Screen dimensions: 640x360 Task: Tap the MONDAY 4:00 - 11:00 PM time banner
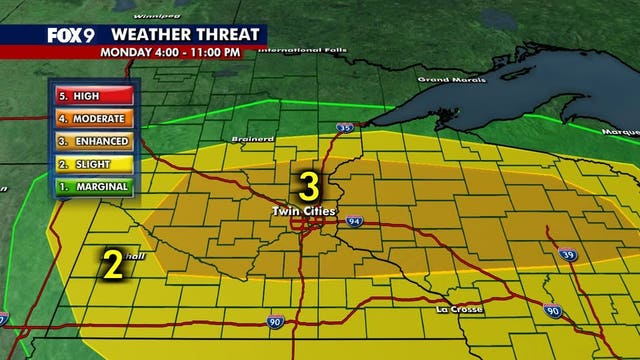tap(176, 52)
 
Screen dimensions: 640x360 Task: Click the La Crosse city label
tap(459, 309)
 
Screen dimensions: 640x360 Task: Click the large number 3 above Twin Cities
tap(309, 186)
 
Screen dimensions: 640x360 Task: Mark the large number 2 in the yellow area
tap(113, 264)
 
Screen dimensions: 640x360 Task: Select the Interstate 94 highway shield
tap(354, 222)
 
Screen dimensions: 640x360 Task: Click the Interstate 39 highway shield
tap(567, 256)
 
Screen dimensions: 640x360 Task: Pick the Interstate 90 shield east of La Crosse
tap(552, 312)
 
